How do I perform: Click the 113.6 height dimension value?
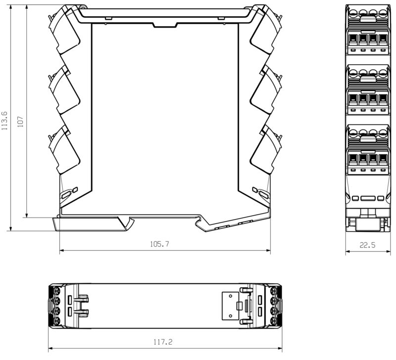[x=4, y=120]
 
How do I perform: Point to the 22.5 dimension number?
[x=367, y=244]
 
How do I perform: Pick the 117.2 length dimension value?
[x=163, y=342]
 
